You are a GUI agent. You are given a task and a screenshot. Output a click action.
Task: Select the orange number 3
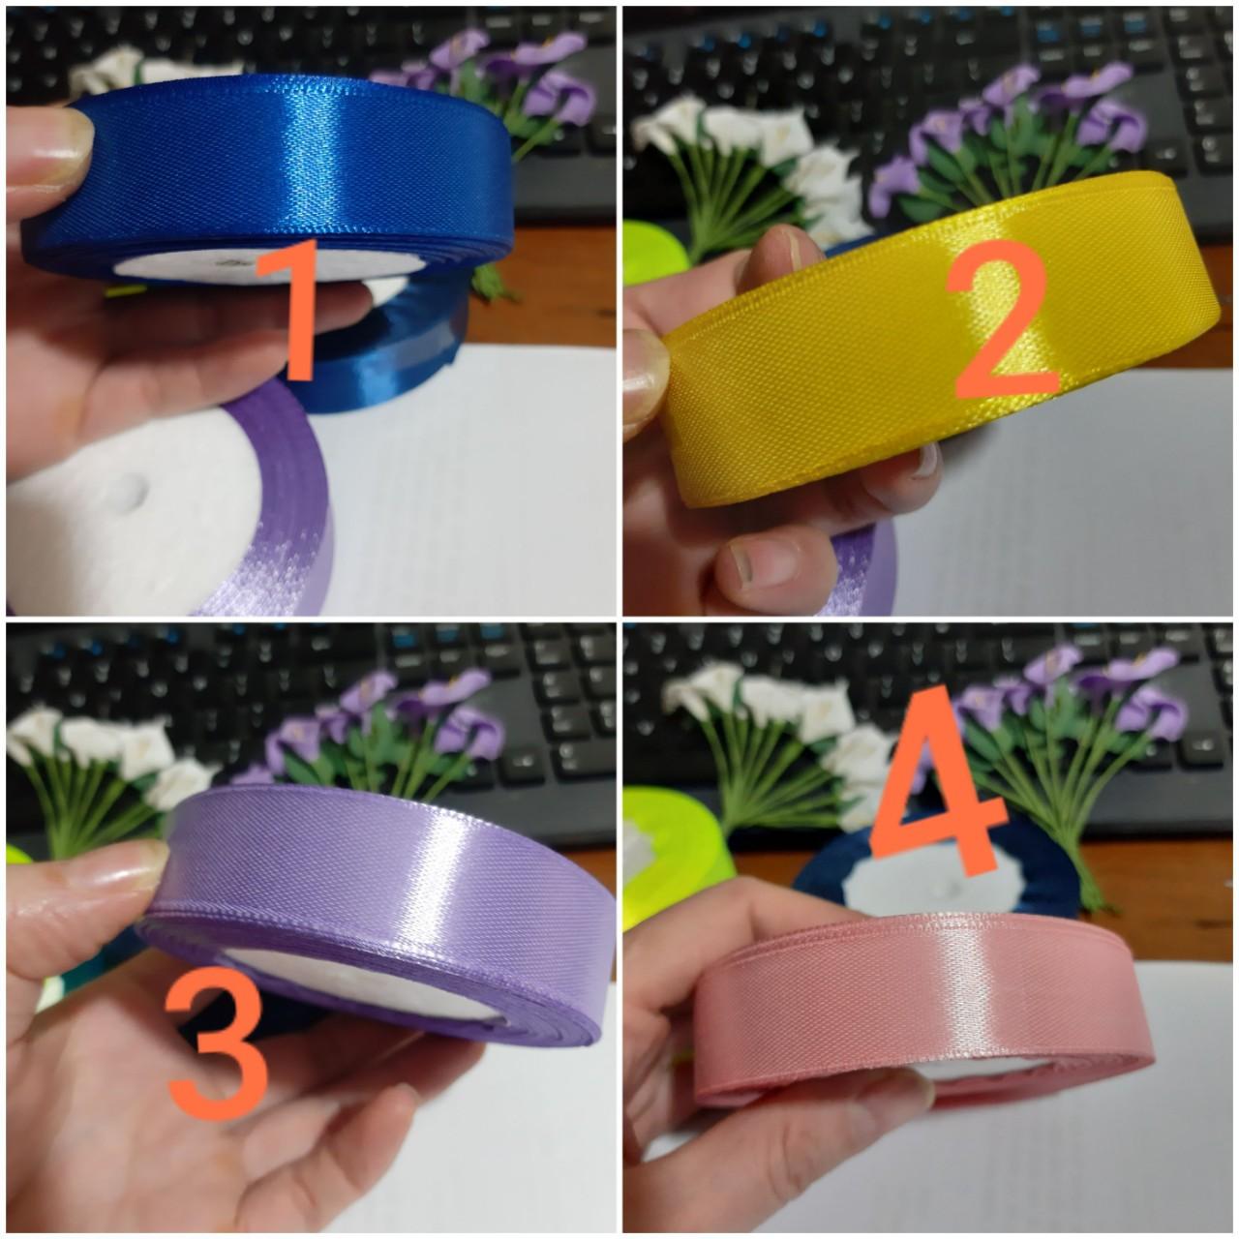click(x=218, y=1050)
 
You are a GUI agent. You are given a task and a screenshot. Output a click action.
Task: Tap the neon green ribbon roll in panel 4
click(x=668, y=842)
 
